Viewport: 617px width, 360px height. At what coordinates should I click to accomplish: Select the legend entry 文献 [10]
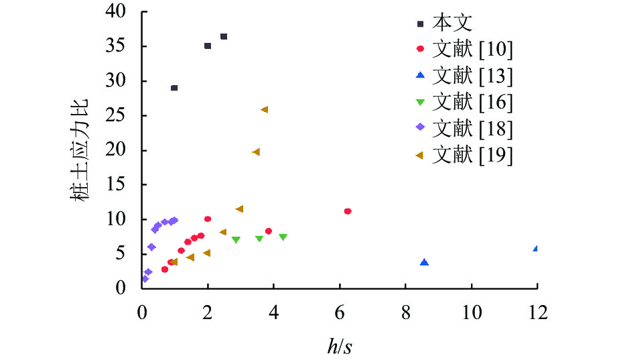[x=472, y=49]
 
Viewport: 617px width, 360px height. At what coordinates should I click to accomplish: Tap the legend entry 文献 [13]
[x=472, y=76]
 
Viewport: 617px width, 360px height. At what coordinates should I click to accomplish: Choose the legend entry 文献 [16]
[x=472, y=102]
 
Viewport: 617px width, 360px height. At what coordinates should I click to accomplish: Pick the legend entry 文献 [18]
[x=472, y=129]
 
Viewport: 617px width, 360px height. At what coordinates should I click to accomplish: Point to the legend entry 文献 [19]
[x=472, y=155]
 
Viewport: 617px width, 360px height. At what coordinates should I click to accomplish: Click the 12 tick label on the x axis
[x=537, y=312]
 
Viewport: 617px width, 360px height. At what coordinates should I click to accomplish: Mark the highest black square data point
[x=224, y=36]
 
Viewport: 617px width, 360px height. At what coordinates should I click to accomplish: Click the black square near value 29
[x=174, y=88]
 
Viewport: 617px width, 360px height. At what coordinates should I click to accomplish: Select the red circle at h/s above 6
[x=348, y=211]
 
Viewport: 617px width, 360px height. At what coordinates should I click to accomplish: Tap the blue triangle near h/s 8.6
[x=424, y=262]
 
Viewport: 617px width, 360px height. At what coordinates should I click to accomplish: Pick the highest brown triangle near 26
[x=264, y=109]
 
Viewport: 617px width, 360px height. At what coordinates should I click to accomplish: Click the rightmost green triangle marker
[x=283, y=237]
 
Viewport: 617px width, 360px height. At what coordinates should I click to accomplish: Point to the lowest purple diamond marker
[x=145, y=279]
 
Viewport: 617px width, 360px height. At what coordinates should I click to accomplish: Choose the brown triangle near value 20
[x=255, y=152]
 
